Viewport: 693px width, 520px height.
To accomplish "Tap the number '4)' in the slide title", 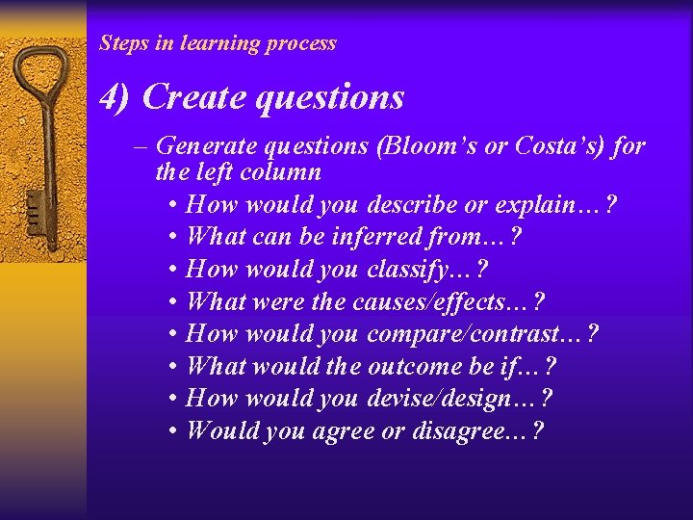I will pyautogui.click(x=116, y=97).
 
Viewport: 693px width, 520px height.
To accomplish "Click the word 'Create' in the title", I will pyautogui.click(x=188, y=97).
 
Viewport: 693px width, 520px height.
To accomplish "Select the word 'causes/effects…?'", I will pyautogui.click(x=449, y=301).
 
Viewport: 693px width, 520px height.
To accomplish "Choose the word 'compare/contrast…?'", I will pyautogui.click(x=482, y=334).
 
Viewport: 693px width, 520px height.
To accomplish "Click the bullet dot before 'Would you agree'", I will pyautogui.click(x=170, y=431).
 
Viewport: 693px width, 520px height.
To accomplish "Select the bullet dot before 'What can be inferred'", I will pyautogui.click(x=170, y=237).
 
